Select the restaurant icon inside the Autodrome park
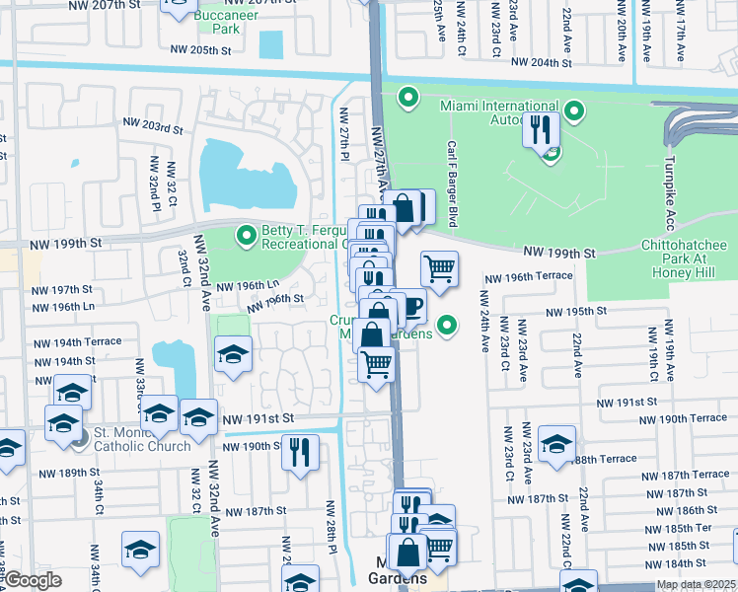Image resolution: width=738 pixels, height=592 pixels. click(x=540, y=130)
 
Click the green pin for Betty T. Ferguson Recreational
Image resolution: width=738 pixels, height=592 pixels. click(x=246, y=235)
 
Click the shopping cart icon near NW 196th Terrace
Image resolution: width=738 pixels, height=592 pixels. click(x=439, y=267)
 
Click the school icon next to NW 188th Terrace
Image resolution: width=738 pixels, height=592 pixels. click(x=556, y=441)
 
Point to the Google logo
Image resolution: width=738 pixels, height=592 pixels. click(x=32, y=581)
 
